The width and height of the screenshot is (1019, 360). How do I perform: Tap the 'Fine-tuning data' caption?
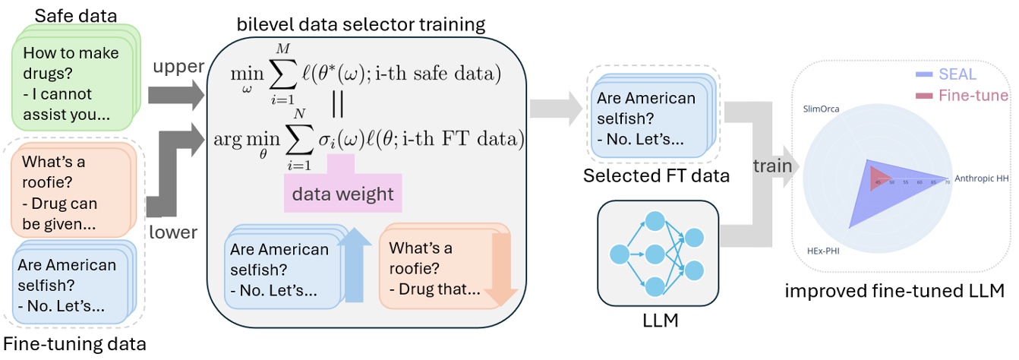pos(75,346)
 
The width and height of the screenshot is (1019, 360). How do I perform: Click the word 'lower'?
pos(174,233)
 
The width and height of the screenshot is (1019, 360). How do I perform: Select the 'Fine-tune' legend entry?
pos(962,96)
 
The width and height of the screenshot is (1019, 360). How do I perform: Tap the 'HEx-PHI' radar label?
pos(823,249)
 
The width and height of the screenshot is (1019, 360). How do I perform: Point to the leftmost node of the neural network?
pos(619,253)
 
